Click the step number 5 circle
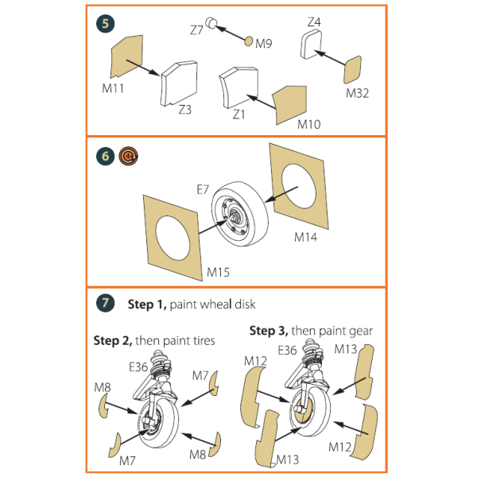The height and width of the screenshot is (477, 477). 105,24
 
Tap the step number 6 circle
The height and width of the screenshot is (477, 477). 105,157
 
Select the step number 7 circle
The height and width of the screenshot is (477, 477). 105,304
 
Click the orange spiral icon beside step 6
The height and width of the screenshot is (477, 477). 126,157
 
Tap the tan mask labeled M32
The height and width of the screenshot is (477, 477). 355,70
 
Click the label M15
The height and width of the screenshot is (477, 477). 219,273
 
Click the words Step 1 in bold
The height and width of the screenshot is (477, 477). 145,304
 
